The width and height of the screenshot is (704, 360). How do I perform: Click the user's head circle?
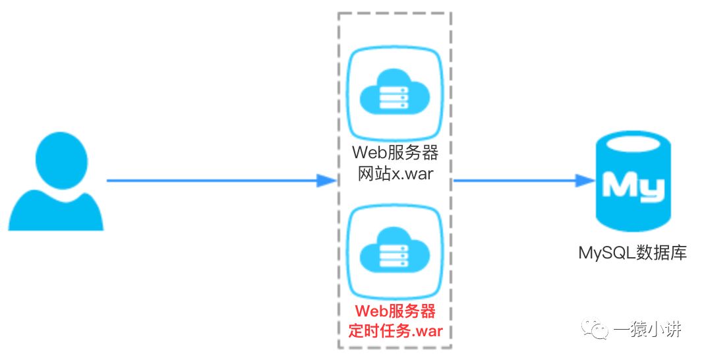(x=56, y=160)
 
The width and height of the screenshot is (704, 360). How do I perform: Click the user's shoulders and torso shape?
(x=56, y=210)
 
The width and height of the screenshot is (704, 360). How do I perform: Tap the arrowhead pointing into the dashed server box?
(x=326, y=179)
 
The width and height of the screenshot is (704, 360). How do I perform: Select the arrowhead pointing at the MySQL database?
(x=583, y=179)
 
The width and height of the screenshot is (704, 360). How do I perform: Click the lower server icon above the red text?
(x=394, y=250)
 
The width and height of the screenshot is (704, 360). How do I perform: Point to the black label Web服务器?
(x=394, y=152)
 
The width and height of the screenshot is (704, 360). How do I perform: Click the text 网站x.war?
(x=394, y=174)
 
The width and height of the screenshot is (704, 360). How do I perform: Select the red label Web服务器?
(x=394, y=311)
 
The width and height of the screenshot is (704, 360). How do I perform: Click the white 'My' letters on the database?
(x=632, y=187)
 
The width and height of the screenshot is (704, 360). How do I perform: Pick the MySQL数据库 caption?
(x=632, y=253)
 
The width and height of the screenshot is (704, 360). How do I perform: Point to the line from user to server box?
(x=211, y=179)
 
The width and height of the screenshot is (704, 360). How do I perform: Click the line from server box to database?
(x=514, y=179)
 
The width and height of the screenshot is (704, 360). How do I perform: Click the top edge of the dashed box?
(x=394, y=13)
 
